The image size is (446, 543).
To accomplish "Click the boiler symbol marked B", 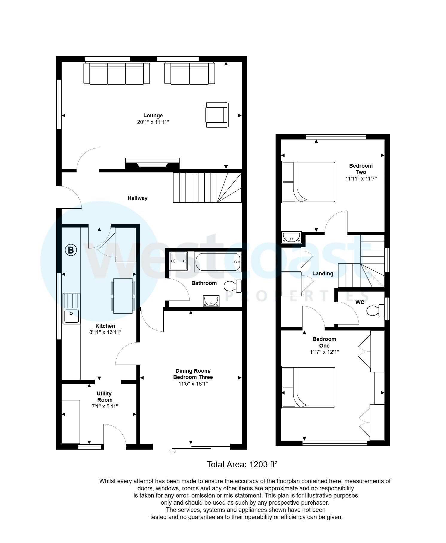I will [x=71, y=250].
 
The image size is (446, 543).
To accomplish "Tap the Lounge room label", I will [x=153, y=116].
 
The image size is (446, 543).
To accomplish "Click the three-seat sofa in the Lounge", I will [x=116, y=74].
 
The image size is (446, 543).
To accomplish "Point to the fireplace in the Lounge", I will [x=152, y=164].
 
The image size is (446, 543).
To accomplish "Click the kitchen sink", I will [x=71, y=309].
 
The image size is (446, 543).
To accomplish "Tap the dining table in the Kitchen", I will [x=123, y=296].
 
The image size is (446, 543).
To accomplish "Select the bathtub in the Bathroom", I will [x=217, y=262].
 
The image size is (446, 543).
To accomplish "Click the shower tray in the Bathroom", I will [x=178, y=261].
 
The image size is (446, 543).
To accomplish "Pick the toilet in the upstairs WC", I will [x=375, y=310].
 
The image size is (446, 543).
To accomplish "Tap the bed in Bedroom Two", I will [x=308, y=182].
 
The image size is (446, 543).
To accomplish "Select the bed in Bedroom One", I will [x=308, y=387].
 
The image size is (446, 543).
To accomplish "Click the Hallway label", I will [x=137, y=198].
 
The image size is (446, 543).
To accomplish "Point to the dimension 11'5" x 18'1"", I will [x=193, y=384].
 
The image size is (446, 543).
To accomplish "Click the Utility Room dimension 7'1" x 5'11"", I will [x=105, y=407].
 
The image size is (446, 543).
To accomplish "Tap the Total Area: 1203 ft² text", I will [x=242, y=465].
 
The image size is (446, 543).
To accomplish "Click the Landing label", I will [x=322, y=274].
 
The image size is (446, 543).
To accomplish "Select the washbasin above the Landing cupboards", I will [x=291, y=238].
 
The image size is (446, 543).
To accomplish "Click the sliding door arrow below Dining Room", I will [x=172, y=451].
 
